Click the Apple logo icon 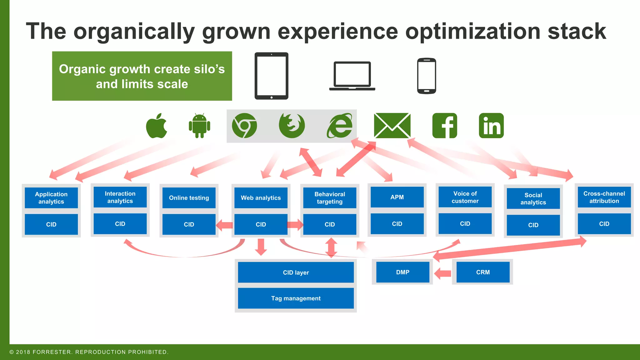(157, 126)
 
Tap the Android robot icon (199, 126)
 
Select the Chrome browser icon (244, 126)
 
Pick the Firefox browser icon (292, 126)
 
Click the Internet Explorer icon (340, 126)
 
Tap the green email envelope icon (392, 126)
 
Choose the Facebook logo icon (444, 126)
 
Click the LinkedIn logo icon (491, 126)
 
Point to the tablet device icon (271, 76)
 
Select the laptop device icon (352, 76)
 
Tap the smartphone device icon (427, 76)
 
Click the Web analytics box (261, 198)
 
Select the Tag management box (296, 298)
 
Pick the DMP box (402, 272)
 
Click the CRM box (483, 272)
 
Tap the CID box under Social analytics (533, 225)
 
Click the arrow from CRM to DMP (443, 273)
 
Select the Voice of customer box (465, 197)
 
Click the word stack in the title (577, 31)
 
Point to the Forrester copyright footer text (89, 352)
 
